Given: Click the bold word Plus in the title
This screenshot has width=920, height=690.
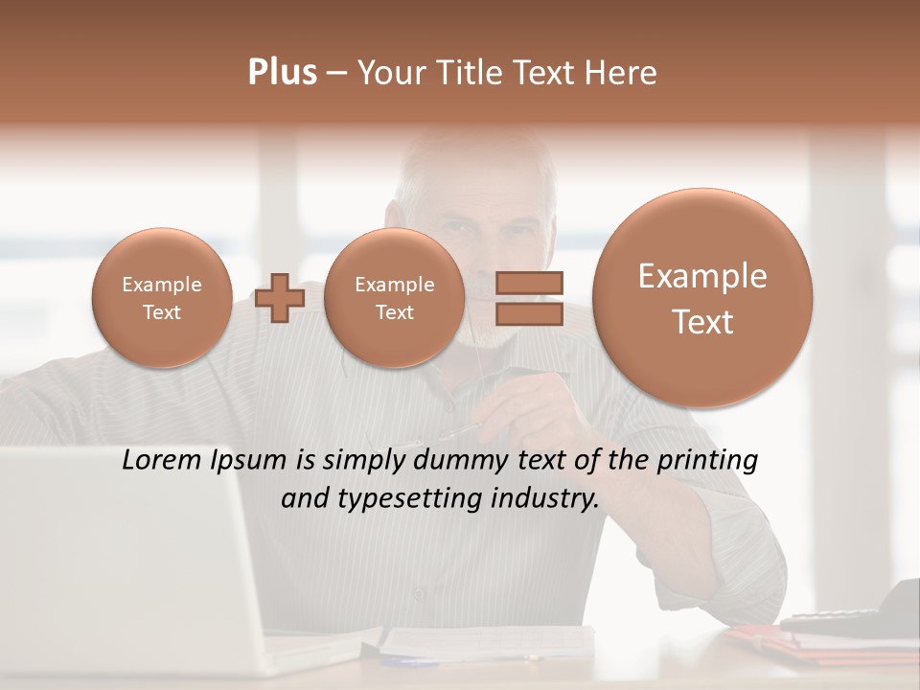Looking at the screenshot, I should (282, 73).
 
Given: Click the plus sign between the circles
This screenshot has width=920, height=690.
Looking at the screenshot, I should (280, 298).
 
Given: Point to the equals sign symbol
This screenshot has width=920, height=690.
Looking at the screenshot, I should (529, 298).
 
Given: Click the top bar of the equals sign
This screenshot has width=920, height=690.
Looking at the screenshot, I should (529, 283).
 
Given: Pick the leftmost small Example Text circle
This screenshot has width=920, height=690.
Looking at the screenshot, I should (161, 298).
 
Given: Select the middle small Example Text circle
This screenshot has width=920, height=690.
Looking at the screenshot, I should (394, 298).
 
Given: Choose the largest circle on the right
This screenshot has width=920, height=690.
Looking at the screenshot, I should (702, 298).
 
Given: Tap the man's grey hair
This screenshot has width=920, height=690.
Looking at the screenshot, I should (479, 163).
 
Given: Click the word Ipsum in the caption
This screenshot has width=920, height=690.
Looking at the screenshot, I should (250, 461).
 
